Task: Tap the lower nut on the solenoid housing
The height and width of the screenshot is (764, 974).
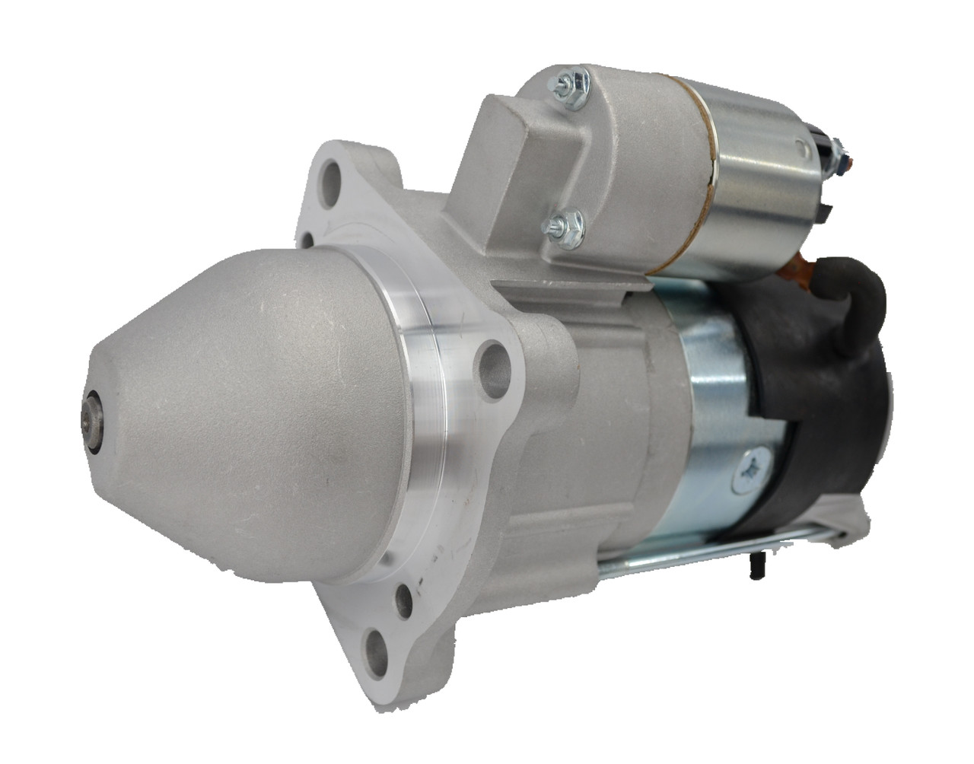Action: tap(562, 224)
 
